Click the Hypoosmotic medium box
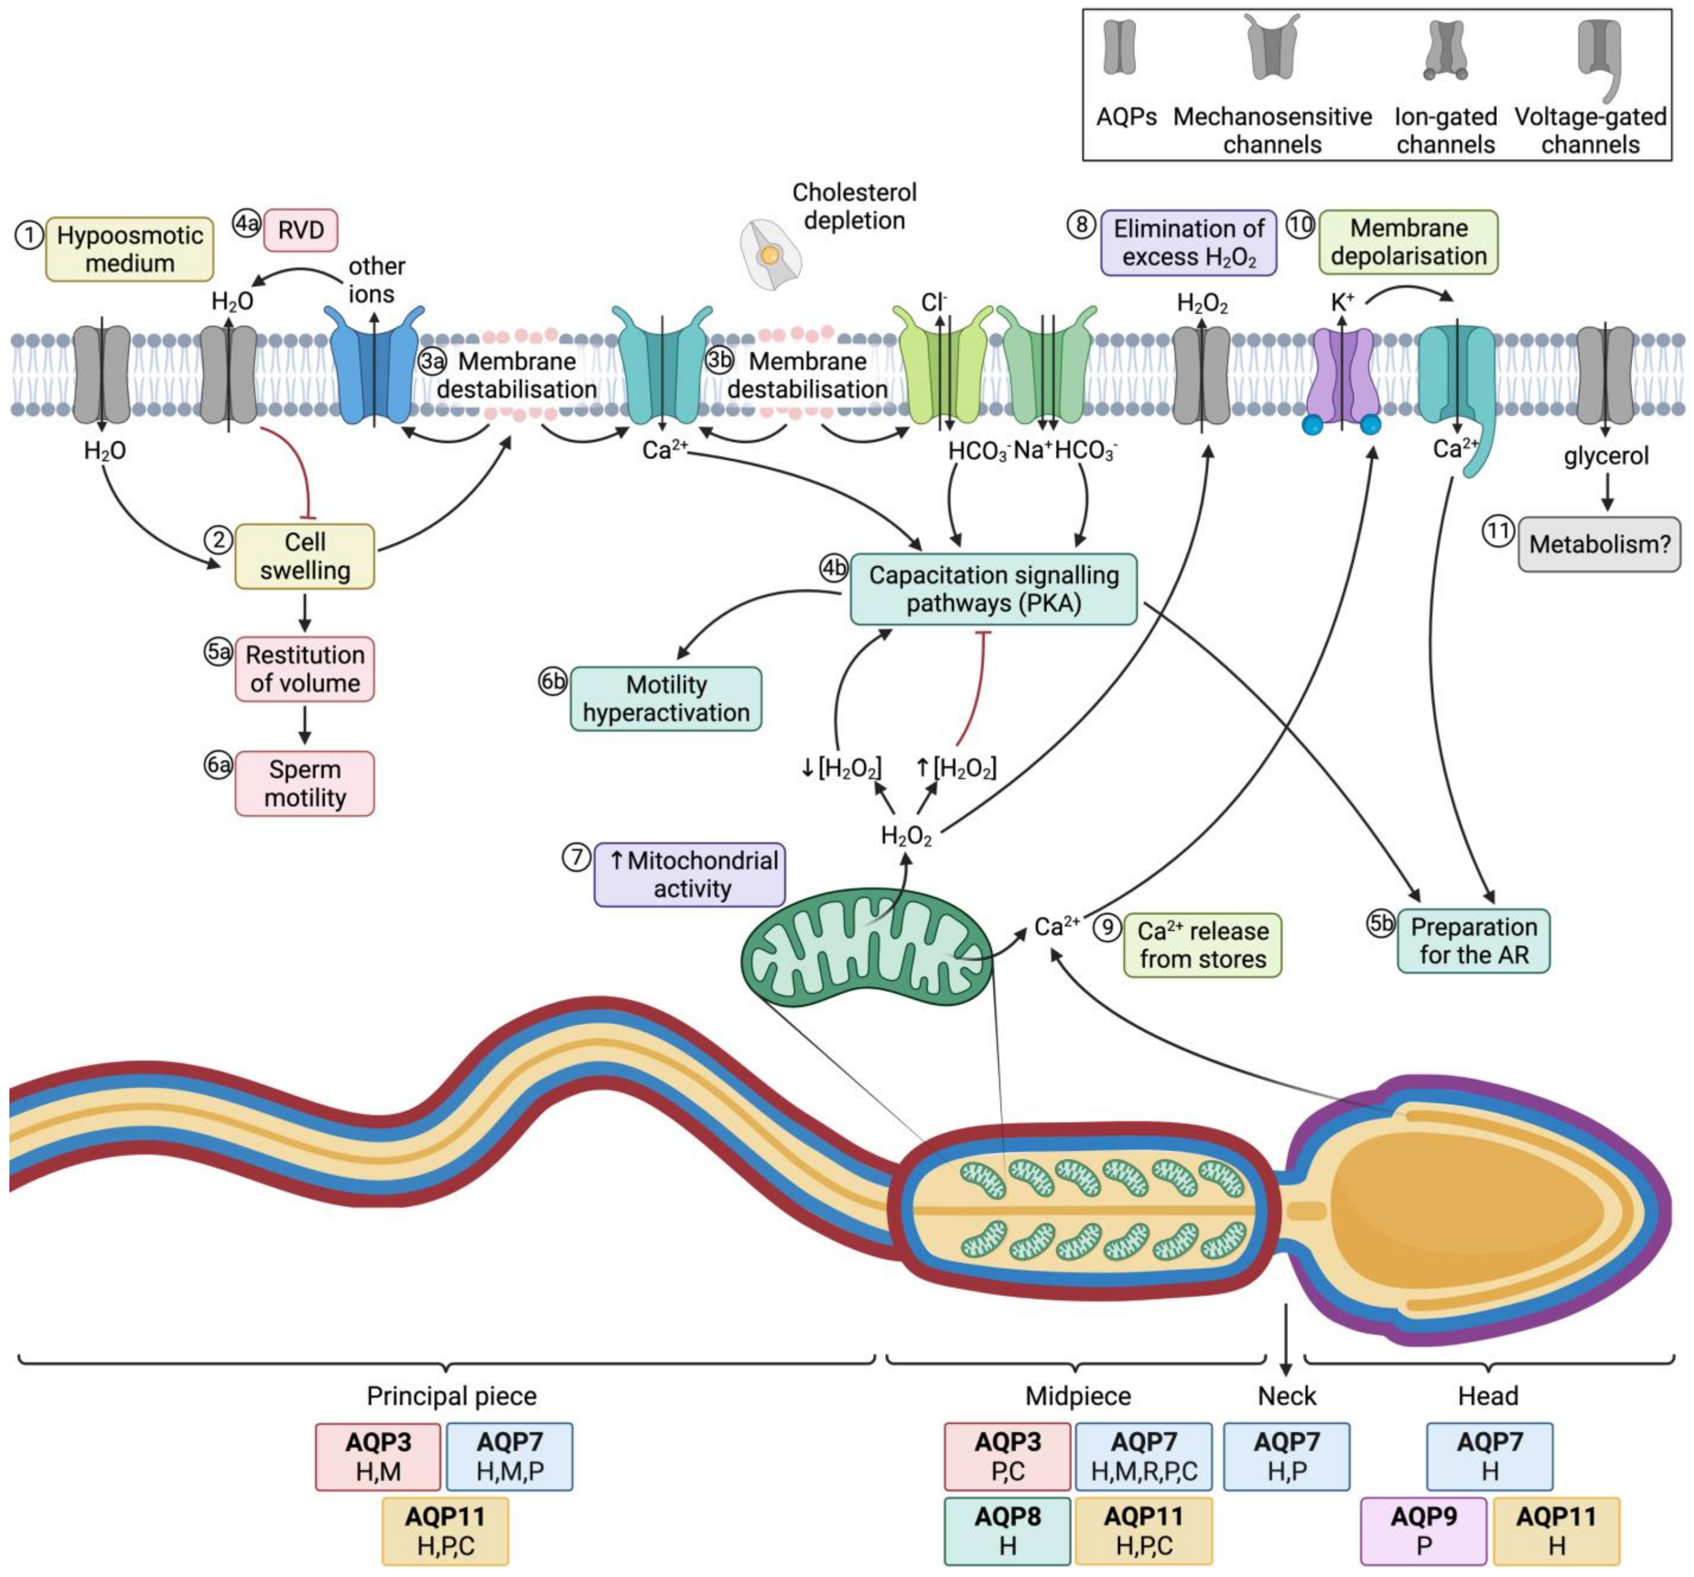click(130, 249)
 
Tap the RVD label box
click(301, 230)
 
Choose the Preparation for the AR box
click(1473, 941)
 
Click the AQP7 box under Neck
click(1287, 1456)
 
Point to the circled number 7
click(577, 857)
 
